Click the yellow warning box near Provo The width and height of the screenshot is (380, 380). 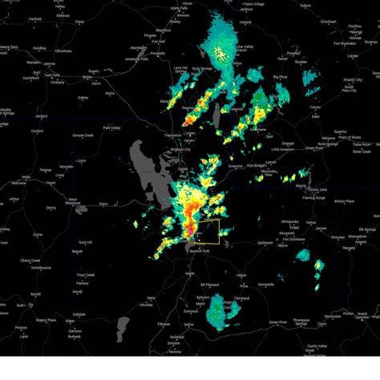click(206, 230)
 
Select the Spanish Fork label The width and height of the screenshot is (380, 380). click(200, 253)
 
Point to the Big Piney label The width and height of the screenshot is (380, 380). click(280, 77)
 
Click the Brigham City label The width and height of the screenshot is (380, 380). click(183, 149)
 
